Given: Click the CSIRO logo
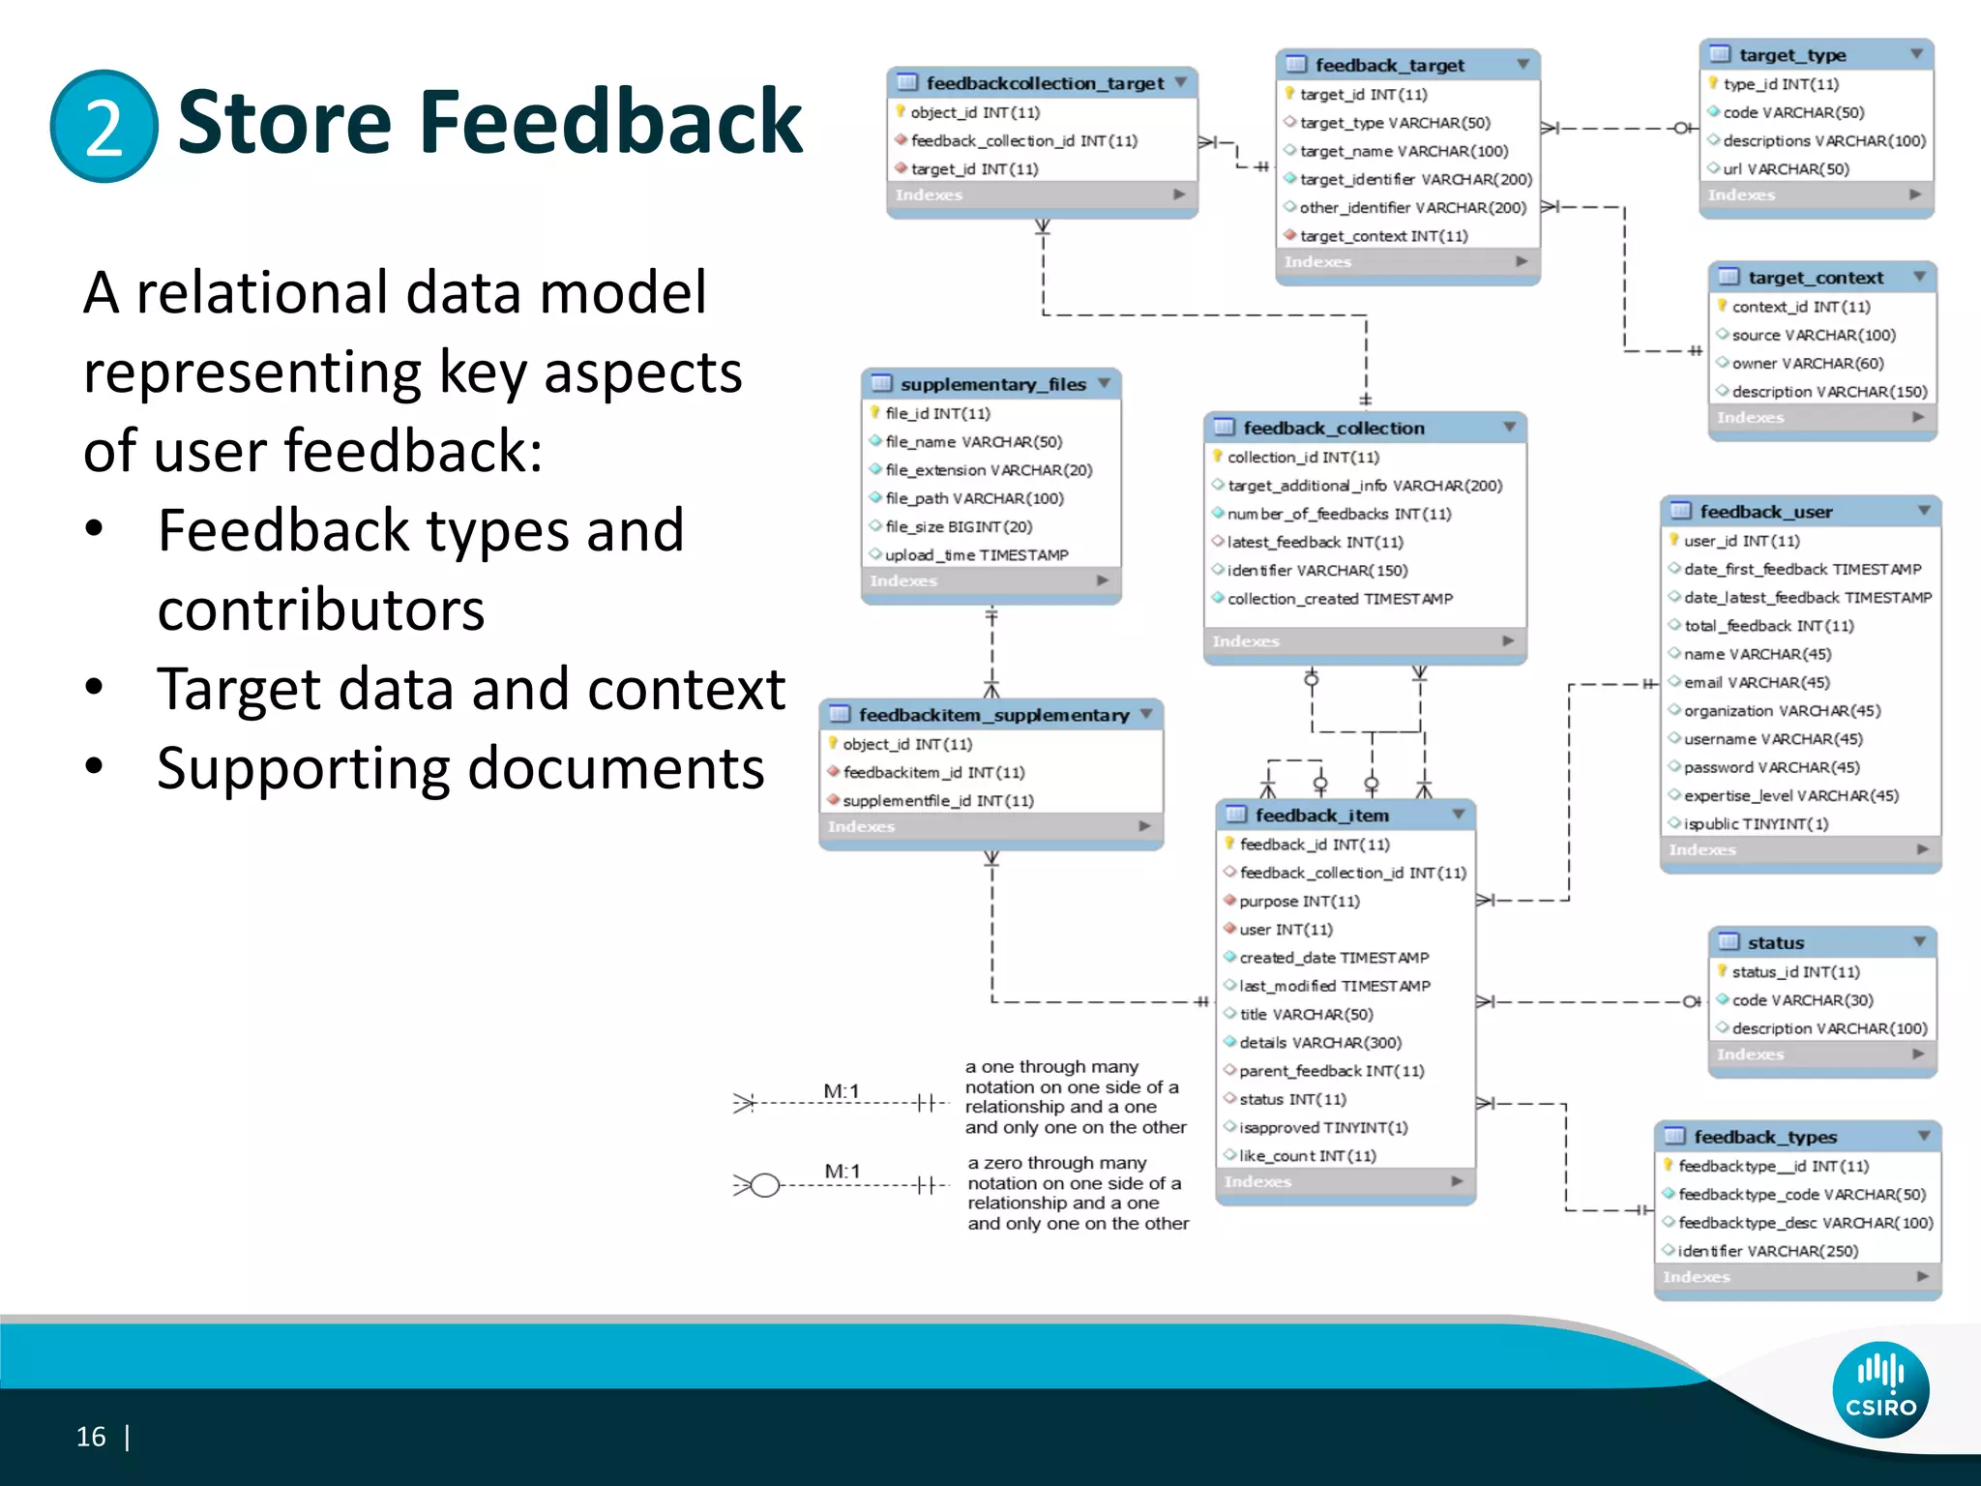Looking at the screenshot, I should click(x=1879, y=1389).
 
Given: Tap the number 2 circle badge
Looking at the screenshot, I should click(x=103, y=126).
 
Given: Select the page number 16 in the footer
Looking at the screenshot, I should click(x=91, y=1437).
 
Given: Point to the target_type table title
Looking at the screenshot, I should click(x=1791, y=55).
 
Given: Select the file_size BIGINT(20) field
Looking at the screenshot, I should click(x=958, y=526).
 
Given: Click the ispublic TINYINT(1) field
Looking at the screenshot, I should click(x=1756, y=823).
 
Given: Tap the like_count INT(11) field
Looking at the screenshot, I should click(x=1307, y=1155).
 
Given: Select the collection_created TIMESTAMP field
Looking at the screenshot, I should click(x=1339, y=599).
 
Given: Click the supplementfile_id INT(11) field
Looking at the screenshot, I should click(x=937, y=800).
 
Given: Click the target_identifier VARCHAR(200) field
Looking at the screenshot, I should click(x=1415, y=179).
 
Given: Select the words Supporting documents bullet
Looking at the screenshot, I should click(x=460, y=768).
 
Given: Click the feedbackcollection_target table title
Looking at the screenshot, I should click(x=1044, y=83).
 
